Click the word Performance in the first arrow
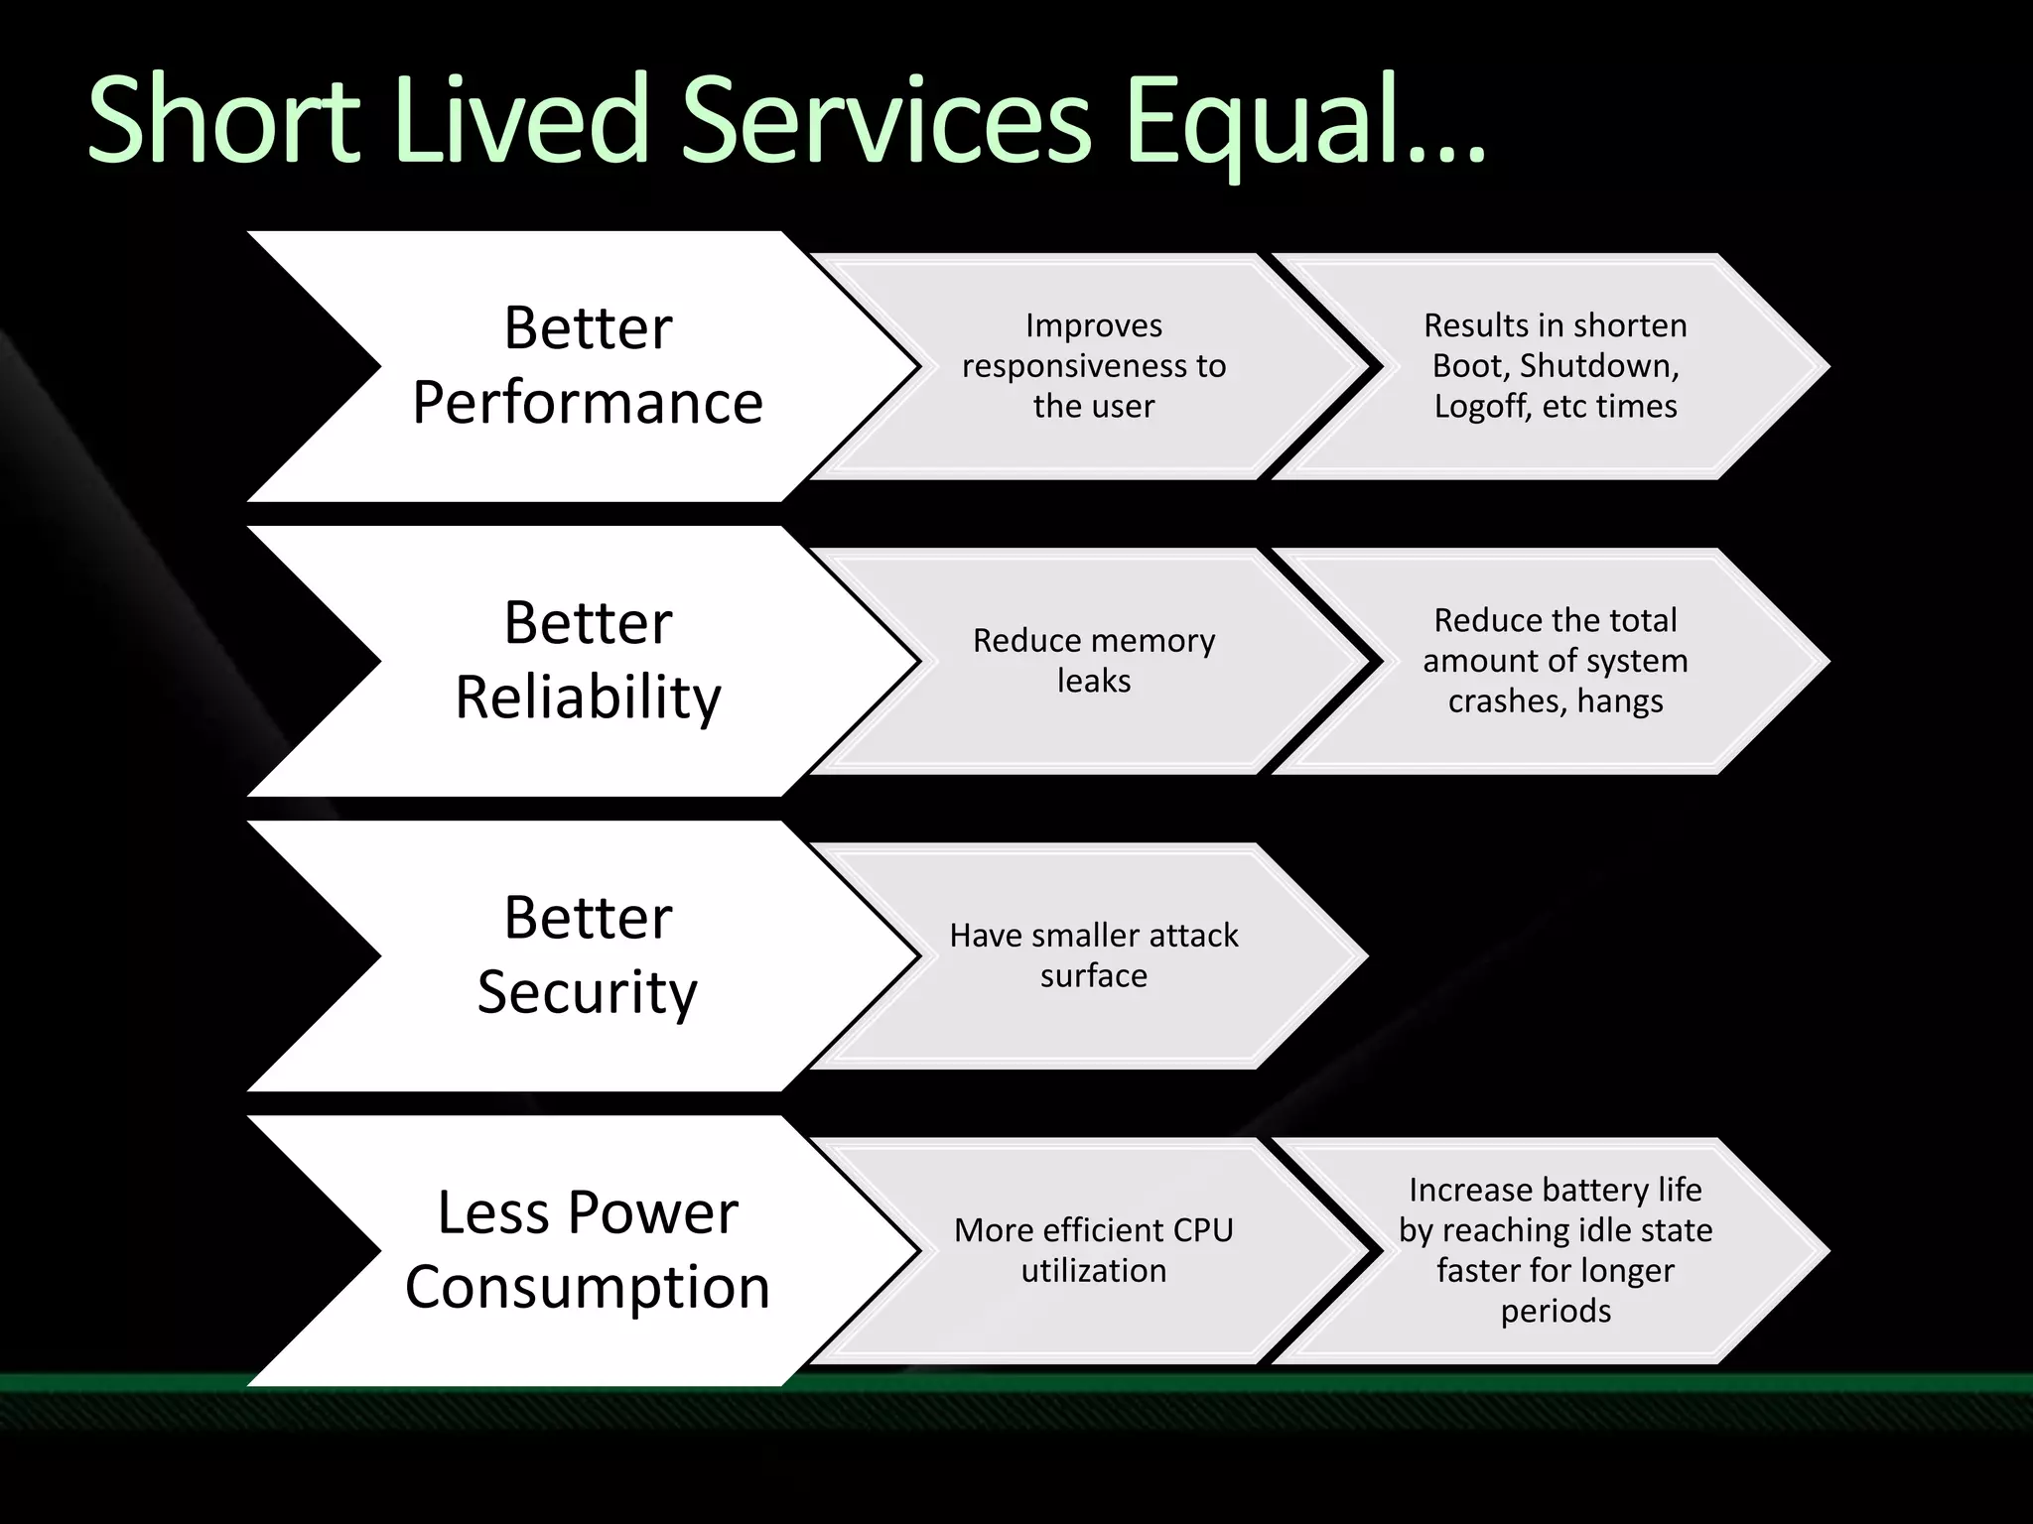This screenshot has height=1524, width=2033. (x=588, y=403)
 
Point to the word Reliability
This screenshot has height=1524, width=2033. (x=588, y=698)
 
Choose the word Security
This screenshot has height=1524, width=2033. (x=588, y=992)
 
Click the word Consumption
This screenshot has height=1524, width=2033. (x=588, y=1287)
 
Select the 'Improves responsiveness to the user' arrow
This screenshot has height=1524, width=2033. (x=1094, y=366)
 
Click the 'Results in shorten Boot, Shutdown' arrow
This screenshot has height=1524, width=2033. (x=1556, y=366)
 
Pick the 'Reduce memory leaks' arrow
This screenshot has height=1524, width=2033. (x=1094, y=661)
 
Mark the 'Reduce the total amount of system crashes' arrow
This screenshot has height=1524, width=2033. (x=1556, y=661)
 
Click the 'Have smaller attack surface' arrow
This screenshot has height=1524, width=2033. (x=1094, y=955)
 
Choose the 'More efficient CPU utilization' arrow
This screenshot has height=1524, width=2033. (x=1094, y=1250)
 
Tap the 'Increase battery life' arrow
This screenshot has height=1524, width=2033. (x=1556, y=1250)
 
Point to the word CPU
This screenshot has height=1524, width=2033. (x=1202, y=1230)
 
